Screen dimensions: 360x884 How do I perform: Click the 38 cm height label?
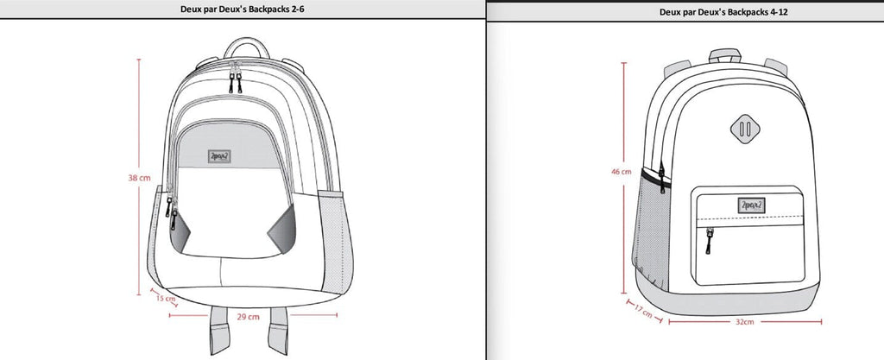pos(140,178)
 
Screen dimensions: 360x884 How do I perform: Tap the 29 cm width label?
pos(249,317)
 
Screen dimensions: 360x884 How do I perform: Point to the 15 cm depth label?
pos(165,300)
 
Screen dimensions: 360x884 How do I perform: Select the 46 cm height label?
pos(621,172)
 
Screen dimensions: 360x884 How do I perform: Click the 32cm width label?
pos(744,321)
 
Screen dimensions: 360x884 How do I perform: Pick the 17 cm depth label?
pos(644,309)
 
